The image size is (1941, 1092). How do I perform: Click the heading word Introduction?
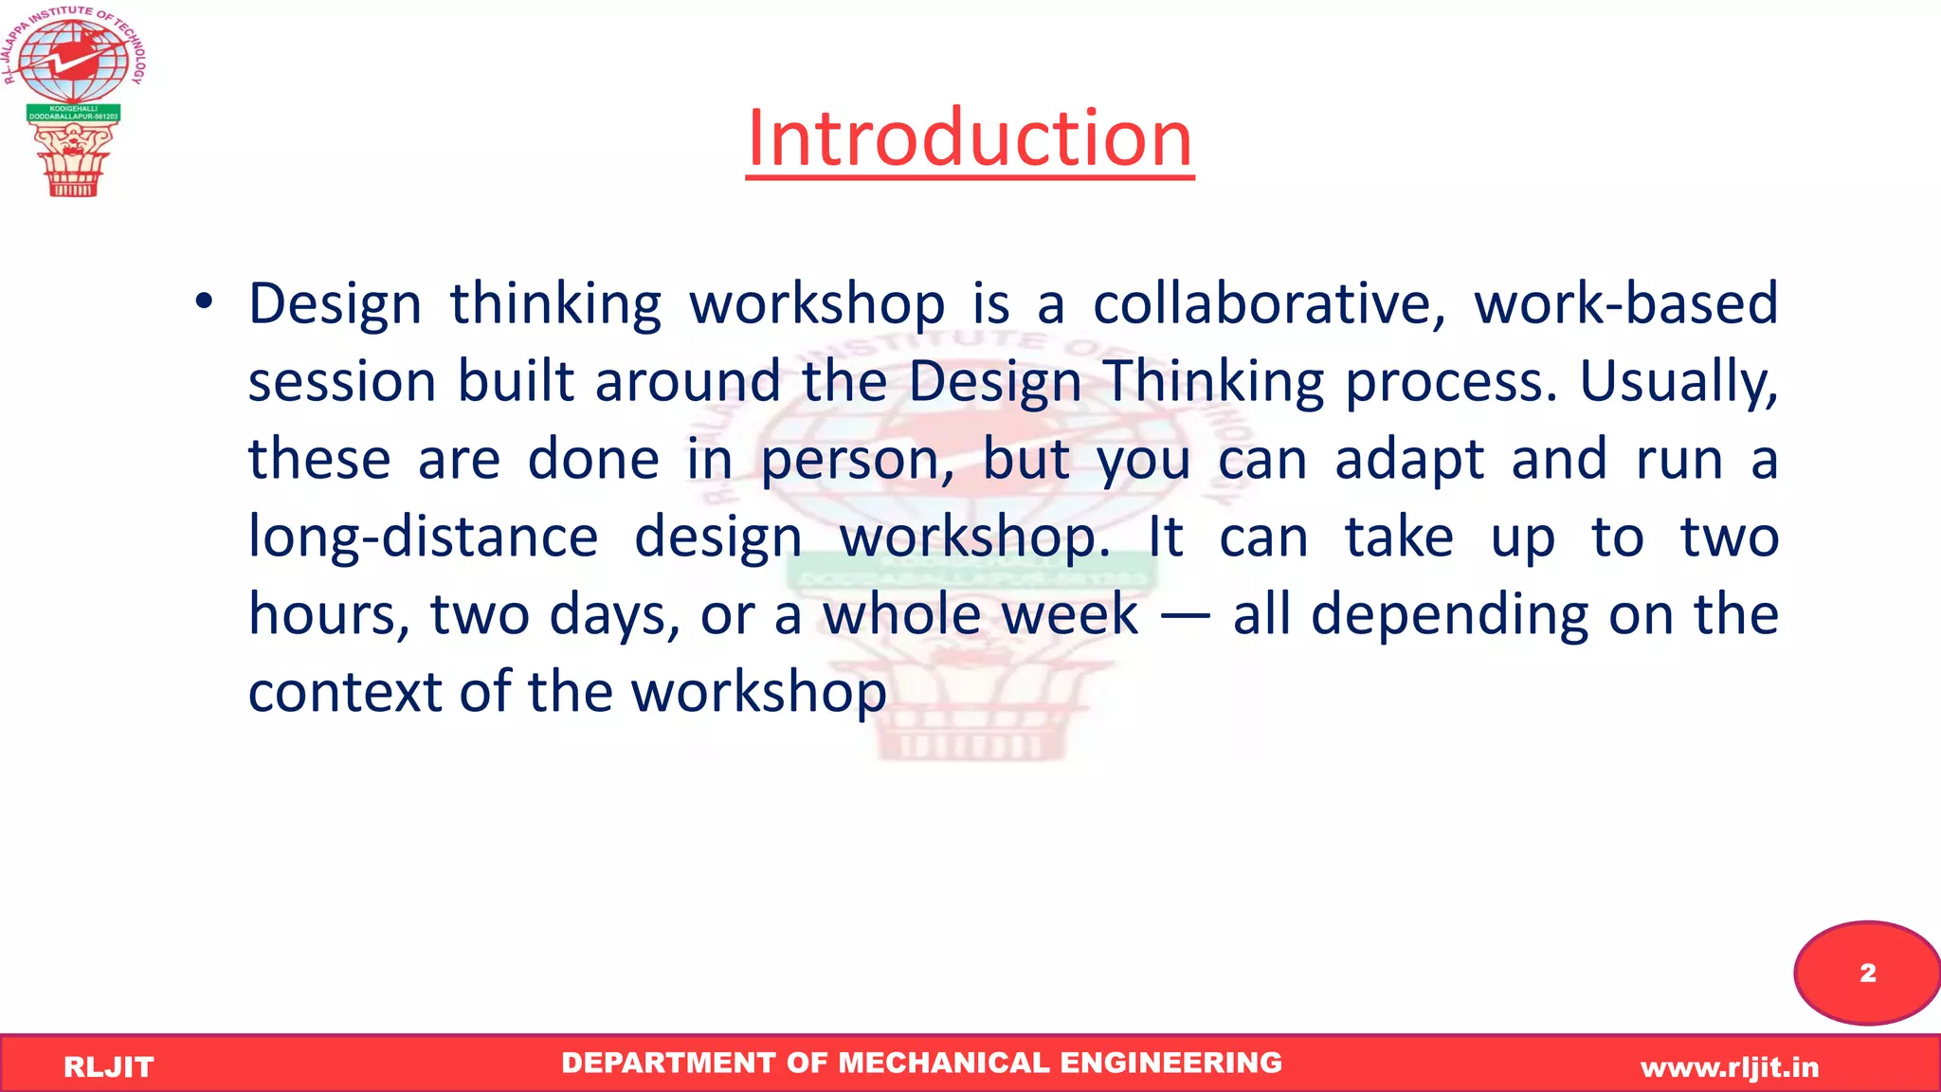point(969,138)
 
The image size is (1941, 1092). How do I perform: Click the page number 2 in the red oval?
point(1867,974)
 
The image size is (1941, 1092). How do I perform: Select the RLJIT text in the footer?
point(108,1067)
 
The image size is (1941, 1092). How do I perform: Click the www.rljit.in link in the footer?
point(1730,1068)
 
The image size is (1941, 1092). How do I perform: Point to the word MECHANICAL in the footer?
point(944,1064)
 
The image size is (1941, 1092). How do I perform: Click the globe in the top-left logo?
point(72,61)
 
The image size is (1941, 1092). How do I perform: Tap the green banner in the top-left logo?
point(73,113)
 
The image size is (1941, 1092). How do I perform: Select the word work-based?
point(1625,305)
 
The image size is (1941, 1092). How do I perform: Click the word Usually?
point(1678,383)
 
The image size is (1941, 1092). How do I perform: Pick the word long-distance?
point(423,537)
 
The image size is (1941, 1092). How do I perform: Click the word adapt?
point(1408,461)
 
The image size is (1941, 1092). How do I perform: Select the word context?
point(345,693)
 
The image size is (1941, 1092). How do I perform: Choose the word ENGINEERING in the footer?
point(1170,1064)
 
